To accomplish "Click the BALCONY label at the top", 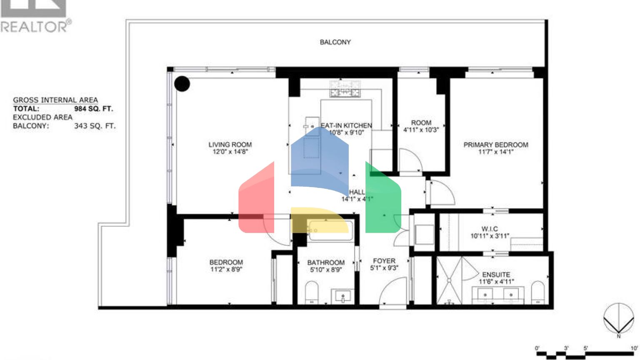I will click(335, 42).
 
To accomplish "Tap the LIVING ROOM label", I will click(230, 145).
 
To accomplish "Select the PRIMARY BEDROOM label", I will click(495, 145).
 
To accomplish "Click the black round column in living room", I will click(182, 84).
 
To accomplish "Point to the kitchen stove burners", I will click(345, 89).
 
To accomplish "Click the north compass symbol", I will click(618, 319).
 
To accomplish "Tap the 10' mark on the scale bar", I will click(634, 348).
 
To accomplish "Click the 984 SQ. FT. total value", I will click(93, 109).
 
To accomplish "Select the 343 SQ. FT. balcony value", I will click(95, 126).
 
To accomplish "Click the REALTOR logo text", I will click(35, 27).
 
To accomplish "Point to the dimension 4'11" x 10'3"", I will click(421, 130).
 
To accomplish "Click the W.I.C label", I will click(490, 229).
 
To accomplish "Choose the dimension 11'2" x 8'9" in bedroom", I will click(226, 270).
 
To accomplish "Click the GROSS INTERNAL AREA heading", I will click(55, 100).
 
